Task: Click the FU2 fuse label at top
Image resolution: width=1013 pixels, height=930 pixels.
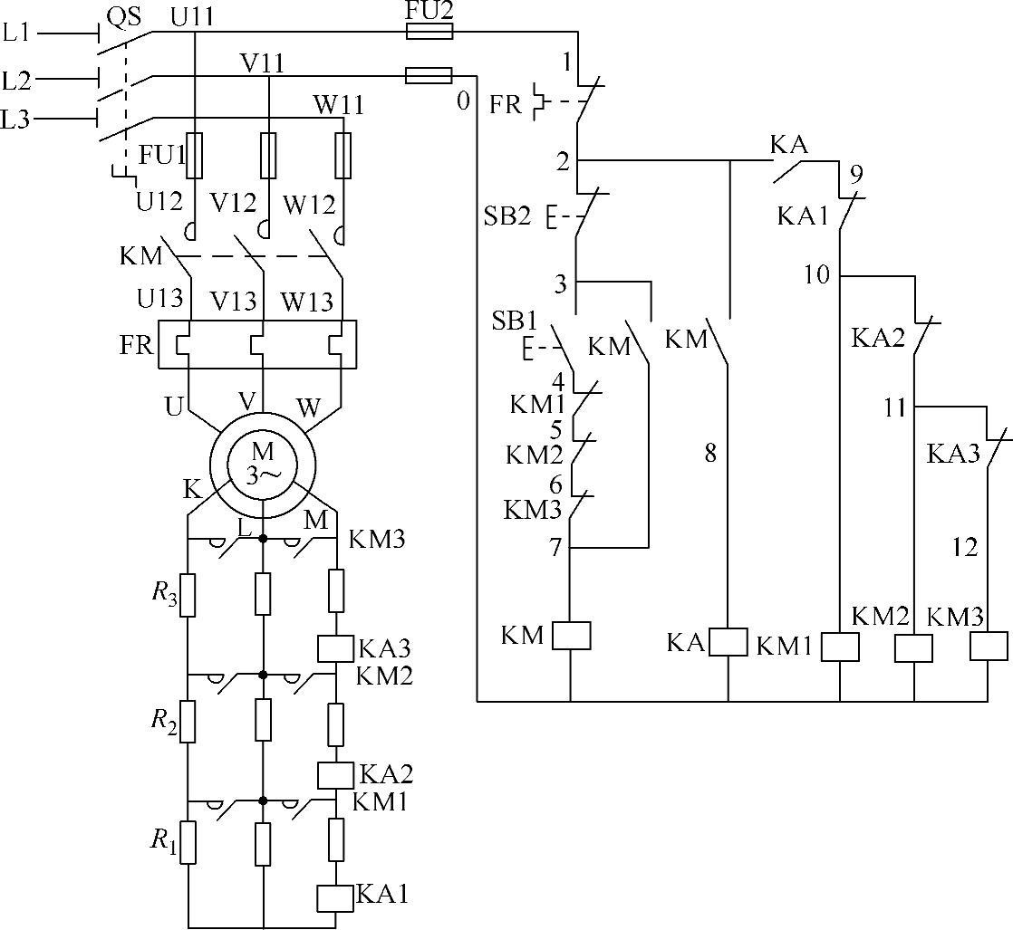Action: (x=429, y=11)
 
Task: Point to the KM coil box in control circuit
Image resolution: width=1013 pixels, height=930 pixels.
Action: (x=571, y=636)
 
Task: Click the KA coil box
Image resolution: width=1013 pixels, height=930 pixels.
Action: (x=728, y=641)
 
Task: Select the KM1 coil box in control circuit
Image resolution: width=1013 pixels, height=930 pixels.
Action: (x=840, y=647)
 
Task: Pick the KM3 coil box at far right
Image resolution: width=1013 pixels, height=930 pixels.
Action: (x=989, y=646)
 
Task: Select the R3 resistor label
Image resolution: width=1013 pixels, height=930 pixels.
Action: (x=163, y=594)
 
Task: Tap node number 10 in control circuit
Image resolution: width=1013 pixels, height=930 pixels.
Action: (x=817, y=273)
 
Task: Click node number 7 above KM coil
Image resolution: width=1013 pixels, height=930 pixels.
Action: (x=555, y=547)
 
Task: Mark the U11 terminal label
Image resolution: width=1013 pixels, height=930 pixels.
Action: (x=190, y=15)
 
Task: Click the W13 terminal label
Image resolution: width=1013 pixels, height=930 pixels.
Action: (x=305, y=300)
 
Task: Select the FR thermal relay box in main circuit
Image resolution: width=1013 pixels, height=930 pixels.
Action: (x=257, y=344)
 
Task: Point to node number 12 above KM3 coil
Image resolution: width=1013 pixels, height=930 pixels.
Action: (x=966, y=547)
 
